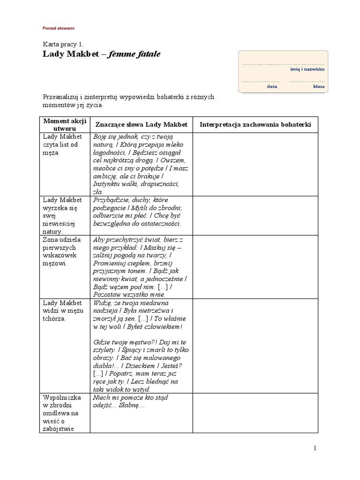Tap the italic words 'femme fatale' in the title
click(135, 54)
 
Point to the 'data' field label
click(272, 86)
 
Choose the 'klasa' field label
click(319, 86)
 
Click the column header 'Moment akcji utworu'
click(65, 124)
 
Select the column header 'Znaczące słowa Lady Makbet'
click(141, 124)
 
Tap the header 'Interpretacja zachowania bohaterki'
click(255, 124)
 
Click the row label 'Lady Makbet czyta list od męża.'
click(63, 144)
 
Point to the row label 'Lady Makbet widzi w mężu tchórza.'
click(62, 310)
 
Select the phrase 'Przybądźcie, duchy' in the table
click(120, 200)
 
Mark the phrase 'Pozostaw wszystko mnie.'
click(129, 294)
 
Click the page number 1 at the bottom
click(315, 448)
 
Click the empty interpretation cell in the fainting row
click(255, 412)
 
